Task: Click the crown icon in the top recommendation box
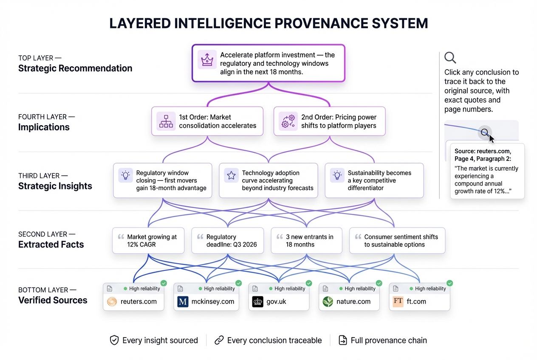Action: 207,60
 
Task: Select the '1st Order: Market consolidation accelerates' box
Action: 207,121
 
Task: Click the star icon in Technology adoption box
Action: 231,175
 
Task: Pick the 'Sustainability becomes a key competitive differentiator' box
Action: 374,180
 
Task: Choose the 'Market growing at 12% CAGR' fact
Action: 148,241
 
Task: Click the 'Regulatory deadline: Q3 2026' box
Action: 228,241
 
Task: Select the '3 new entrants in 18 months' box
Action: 306,241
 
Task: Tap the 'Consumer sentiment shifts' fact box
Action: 397,241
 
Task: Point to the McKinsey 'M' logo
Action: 183,302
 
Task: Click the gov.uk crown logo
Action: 258,302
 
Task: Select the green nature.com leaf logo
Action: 328,302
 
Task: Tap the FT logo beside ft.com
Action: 398,302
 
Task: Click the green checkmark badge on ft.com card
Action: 449,283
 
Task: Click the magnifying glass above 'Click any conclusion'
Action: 450,58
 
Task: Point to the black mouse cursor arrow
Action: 491,139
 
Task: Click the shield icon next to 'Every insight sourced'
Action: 114,340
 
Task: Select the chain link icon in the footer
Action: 219,340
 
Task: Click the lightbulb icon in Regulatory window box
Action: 125,175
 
